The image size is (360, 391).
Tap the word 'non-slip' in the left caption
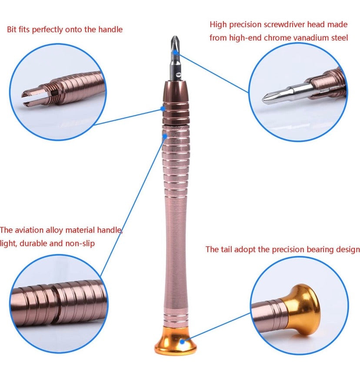tap(80, 243)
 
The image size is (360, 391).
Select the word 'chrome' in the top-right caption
tap(273, 38)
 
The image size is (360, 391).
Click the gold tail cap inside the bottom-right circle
tap(304, 307)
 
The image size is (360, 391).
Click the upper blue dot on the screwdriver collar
tap(163, 109)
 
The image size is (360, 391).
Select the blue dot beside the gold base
tap(191, 337)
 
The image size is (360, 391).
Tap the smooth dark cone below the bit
tap(176, 94)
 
